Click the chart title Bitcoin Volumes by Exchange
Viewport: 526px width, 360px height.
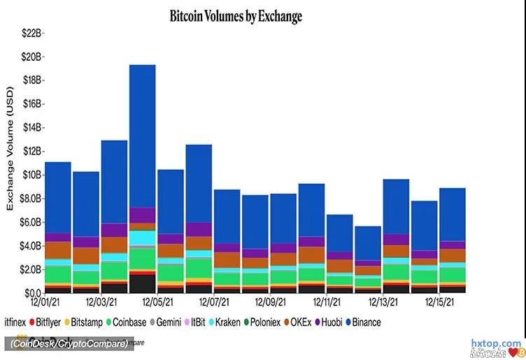tap(236, 15)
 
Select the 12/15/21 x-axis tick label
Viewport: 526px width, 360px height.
tap(442, 303)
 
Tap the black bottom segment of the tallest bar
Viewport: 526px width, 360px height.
tap(142, 284)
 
